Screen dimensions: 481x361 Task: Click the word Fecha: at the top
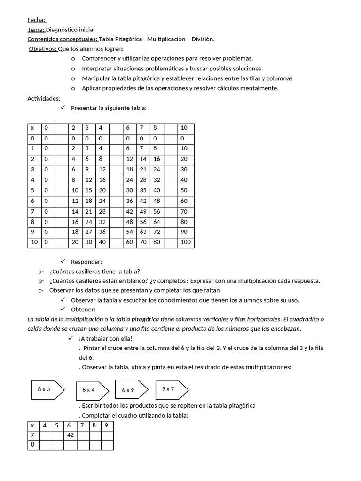[x=37, y=20]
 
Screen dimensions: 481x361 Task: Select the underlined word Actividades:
[x=44, y=98]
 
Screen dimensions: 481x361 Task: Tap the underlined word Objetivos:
[x=43, y=49]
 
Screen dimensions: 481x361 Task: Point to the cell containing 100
[x=186, y=243]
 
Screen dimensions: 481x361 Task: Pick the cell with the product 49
[x=143, y=212]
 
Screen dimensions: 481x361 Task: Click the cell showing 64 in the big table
[x=157, y=222]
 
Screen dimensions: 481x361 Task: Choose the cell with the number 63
[x=143, y=233]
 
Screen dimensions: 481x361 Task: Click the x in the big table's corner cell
[x=32, y=128]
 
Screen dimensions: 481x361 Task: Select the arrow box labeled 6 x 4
[x=89, y=390]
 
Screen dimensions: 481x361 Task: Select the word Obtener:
[x=83, y=310]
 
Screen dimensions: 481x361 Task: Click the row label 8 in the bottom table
[x=32, y=445]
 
